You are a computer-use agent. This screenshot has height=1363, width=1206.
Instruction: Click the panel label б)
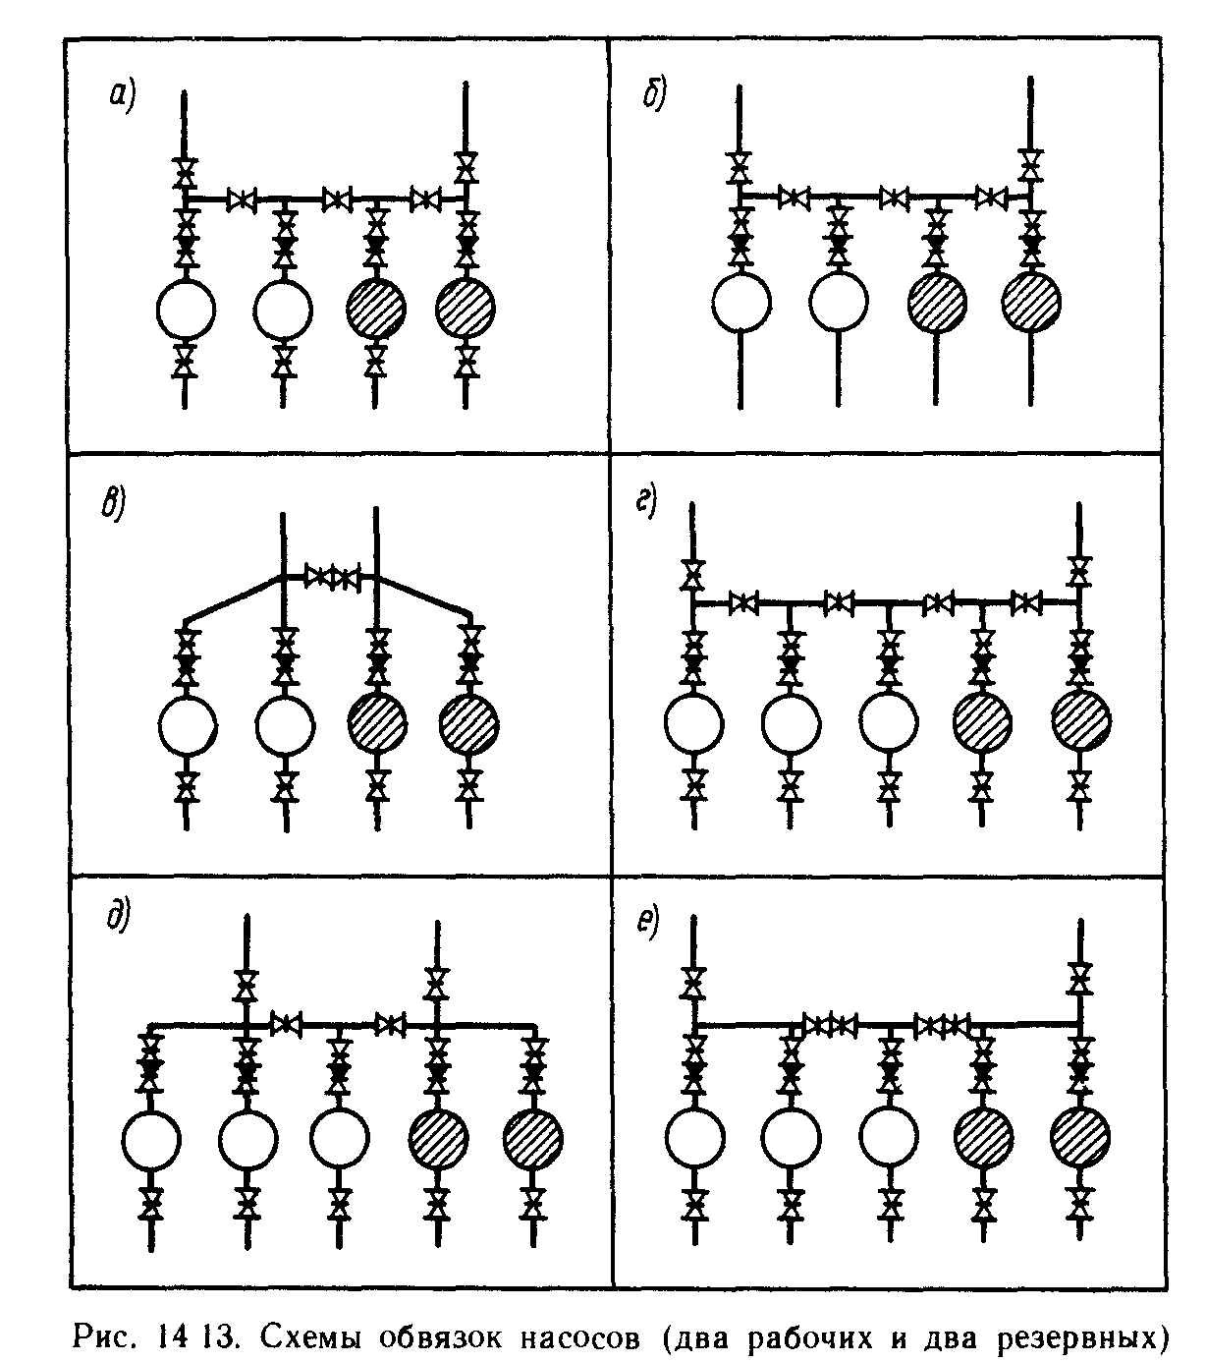point(654,96)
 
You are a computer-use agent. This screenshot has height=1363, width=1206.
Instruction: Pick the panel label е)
point(647,924)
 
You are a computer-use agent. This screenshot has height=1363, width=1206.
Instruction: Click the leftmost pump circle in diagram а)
point(185,309)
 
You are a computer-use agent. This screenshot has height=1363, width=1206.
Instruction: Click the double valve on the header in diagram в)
point(333,576)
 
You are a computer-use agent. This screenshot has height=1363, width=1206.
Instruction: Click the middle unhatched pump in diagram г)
point(889,724)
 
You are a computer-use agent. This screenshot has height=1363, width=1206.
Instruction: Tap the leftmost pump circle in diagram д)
point(151,1139)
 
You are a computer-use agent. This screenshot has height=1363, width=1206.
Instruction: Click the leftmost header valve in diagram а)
point(241,200)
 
